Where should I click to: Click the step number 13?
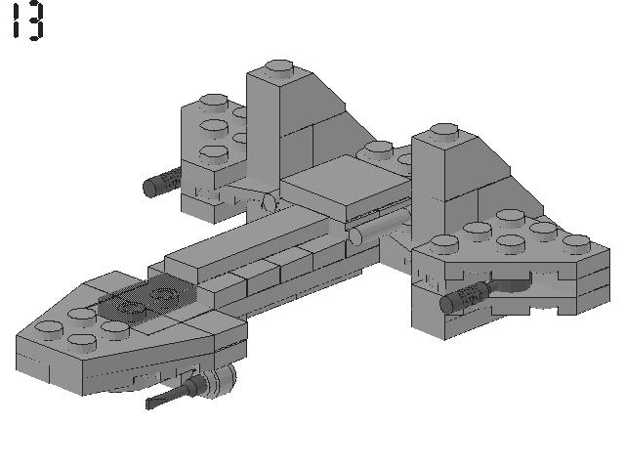28,21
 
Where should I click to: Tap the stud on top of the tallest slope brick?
279,68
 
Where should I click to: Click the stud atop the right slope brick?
443,132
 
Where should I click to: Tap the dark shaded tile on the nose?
147,299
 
